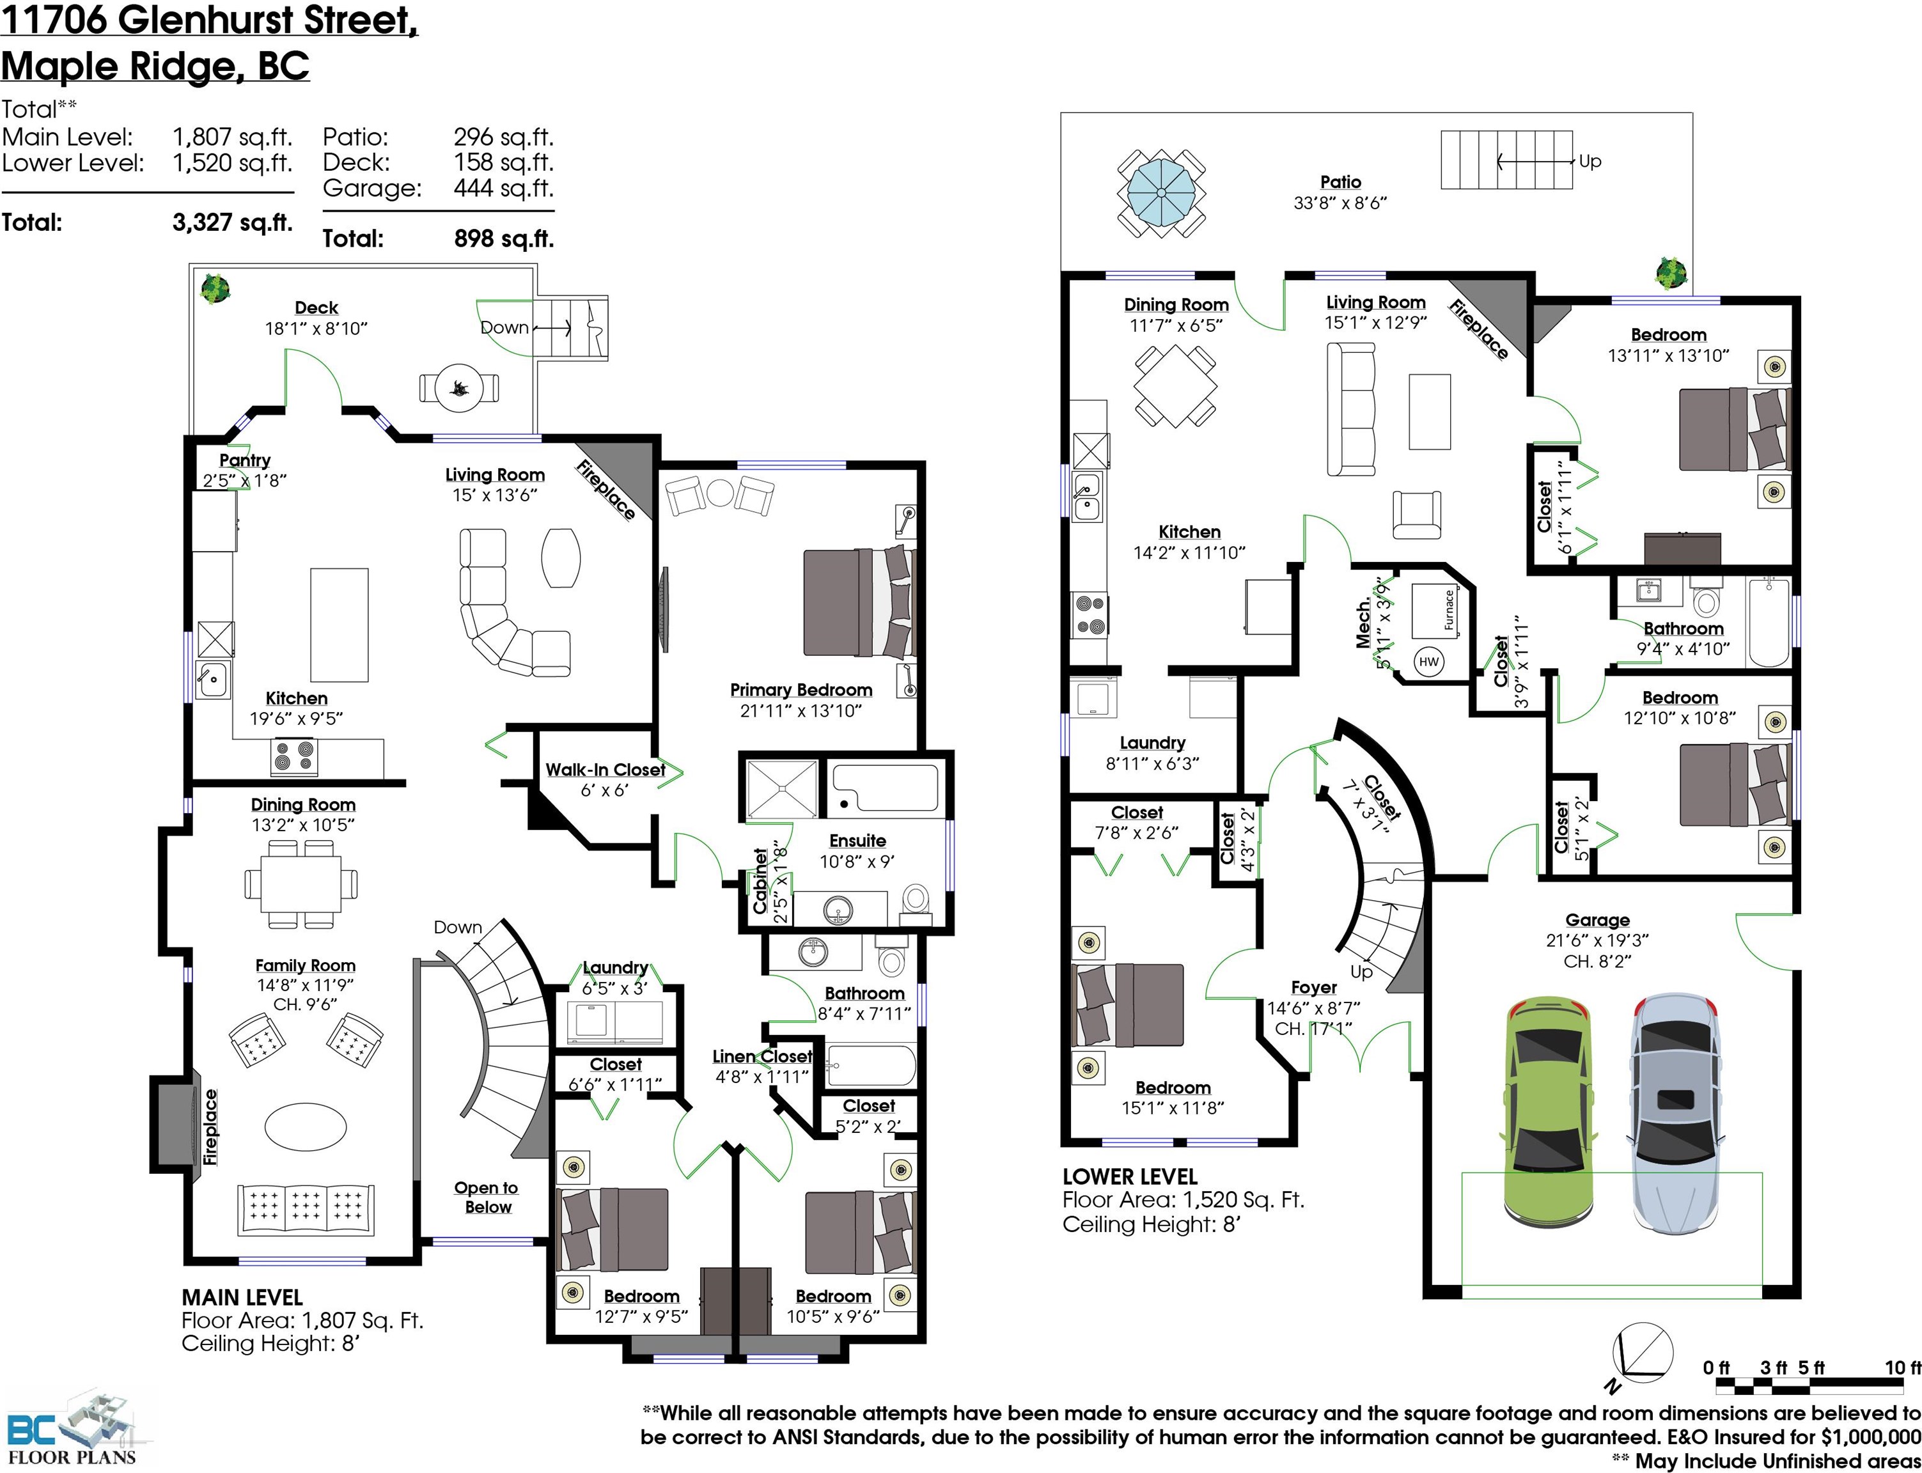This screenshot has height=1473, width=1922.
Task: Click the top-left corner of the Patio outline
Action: [1061, 113]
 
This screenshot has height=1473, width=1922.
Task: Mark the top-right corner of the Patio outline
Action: [1692, 113]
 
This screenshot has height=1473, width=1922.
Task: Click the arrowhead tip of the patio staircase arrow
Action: [1497, 161]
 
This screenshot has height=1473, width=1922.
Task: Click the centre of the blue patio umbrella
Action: [1161, 193]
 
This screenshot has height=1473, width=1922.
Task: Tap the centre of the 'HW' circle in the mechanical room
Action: [1428, 662]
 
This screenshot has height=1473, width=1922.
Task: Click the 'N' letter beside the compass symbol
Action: [1612, 1386]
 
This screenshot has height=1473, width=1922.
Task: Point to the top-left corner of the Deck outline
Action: [189, 265]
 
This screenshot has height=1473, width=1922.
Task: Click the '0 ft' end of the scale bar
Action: [1717, 1385]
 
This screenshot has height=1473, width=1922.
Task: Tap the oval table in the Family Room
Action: [306, 1126]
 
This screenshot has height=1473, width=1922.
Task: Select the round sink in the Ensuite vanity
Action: [838, 911]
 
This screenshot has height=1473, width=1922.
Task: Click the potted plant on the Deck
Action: [215, 288]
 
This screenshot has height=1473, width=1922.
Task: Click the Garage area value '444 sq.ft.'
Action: [503, 189]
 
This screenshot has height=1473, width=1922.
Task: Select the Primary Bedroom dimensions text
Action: [801, 711]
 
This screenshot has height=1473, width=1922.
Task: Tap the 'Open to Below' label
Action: [487, 1197]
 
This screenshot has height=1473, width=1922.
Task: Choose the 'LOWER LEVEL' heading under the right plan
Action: [1129, 1176]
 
